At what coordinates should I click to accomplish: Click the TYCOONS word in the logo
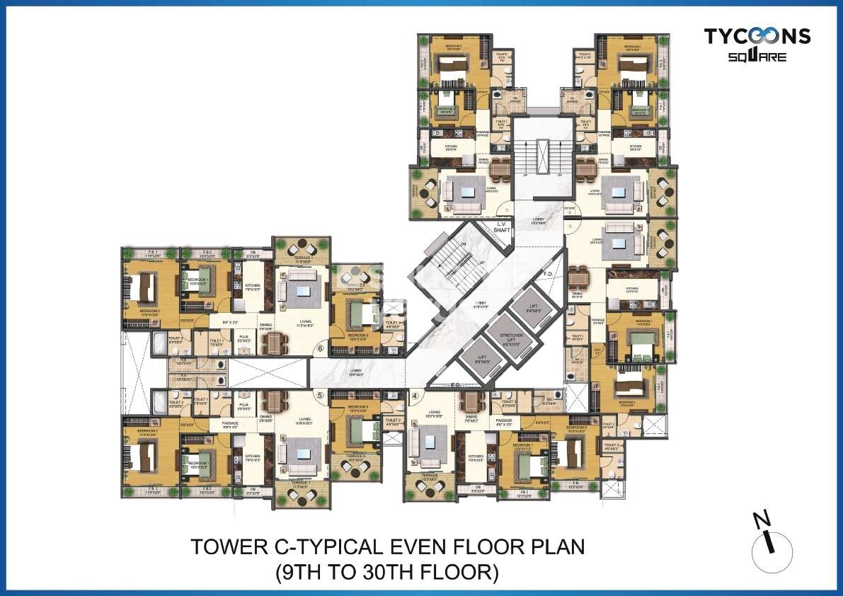tap(757, 36)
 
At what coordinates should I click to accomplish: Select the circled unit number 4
tap(416, 396)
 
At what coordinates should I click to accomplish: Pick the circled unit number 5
tap(319, 396)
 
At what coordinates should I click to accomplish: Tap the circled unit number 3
tap(568, 227)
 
